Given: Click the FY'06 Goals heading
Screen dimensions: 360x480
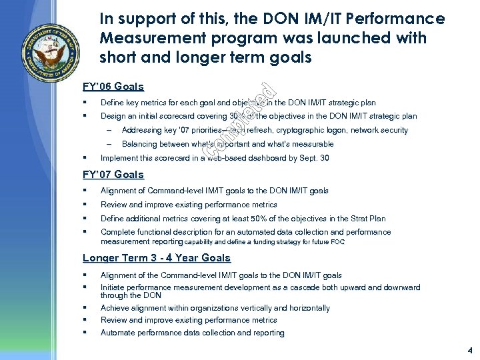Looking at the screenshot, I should click(113, 87).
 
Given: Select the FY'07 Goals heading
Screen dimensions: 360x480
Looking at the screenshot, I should click(113, 175).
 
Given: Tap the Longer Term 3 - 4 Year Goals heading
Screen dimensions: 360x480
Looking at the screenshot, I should click(156, 258).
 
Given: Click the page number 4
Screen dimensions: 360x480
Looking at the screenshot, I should click(469, 349).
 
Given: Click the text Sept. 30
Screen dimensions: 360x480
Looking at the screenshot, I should click(315, 159).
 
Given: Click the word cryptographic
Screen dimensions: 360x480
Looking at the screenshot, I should click(289, 130).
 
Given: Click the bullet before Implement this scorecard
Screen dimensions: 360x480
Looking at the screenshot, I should click(87, 159).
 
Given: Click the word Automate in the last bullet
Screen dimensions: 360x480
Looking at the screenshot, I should click(117, 333).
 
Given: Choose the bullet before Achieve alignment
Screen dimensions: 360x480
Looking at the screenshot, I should click(87, 308).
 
